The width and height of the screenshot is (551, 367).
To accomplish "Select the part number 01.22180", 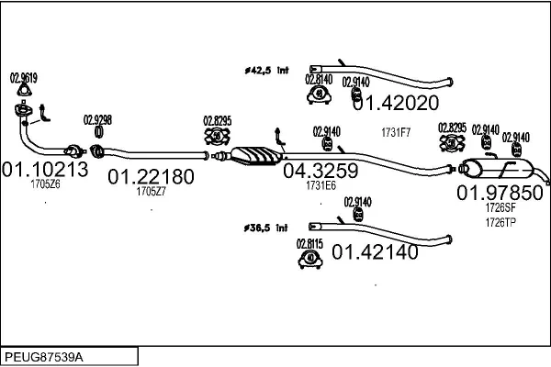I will [x=152, y=175].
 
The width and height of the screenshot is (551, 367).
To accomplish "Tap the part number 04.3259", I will [x=320, y=170].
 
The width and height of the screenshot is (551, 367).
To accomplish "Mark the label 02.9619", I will [x=23, y=78].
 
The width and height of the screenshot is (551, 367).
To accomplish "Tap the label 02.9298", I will [x=98, y=119].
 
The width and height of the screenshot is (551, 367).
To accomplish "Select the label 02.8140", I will [x=318, y=80].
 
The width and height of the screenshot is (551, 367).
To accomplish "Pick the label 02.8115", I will [x=309, y=243].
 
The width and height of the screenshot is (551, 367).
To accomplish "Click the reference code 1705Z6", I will [x=45, y=184].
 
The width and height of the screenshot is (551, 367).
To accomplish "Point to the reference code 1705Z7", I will [x=151, y=191].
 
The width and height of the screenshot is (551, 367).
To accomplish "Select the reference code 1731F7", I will [x=396, y=132].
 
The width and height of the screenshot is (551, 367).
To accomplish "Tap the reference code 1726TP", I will [x=500, y=222].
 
